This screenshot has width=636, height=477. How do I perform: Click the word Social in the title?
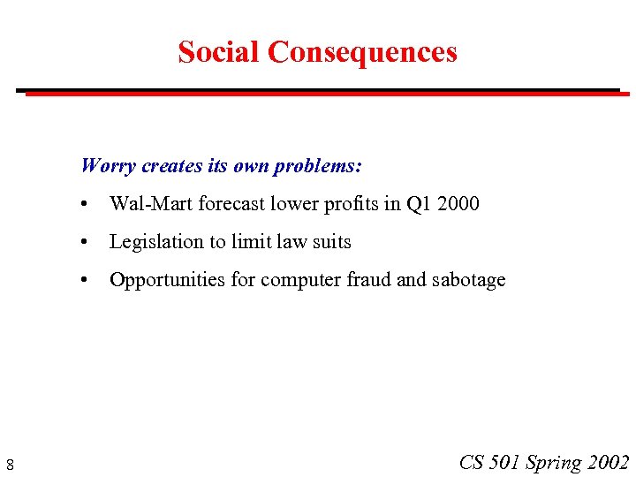(219, 52)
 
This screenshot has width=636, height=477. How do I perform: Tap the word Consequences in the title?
(362, 52)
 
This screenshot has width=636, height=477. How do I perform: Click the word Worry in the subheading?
(108, 165)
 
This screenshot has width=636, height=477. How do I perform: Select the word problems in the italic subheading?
(318, 165)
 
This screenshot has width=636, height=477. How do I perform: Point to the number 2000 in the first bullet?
(457, 204)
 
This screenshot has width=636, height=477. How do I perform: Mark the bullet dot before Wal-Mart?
(82, 205)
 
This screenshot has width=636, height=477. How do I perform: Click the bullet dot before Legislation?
(82, 243)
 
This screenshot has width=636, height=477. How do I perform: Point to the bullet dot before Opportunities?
(82, 281)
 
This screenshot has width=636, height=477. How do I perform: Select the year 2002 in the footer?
(608, 462)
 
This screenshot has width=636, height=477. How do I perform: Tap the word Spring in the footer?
(553, 463)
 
